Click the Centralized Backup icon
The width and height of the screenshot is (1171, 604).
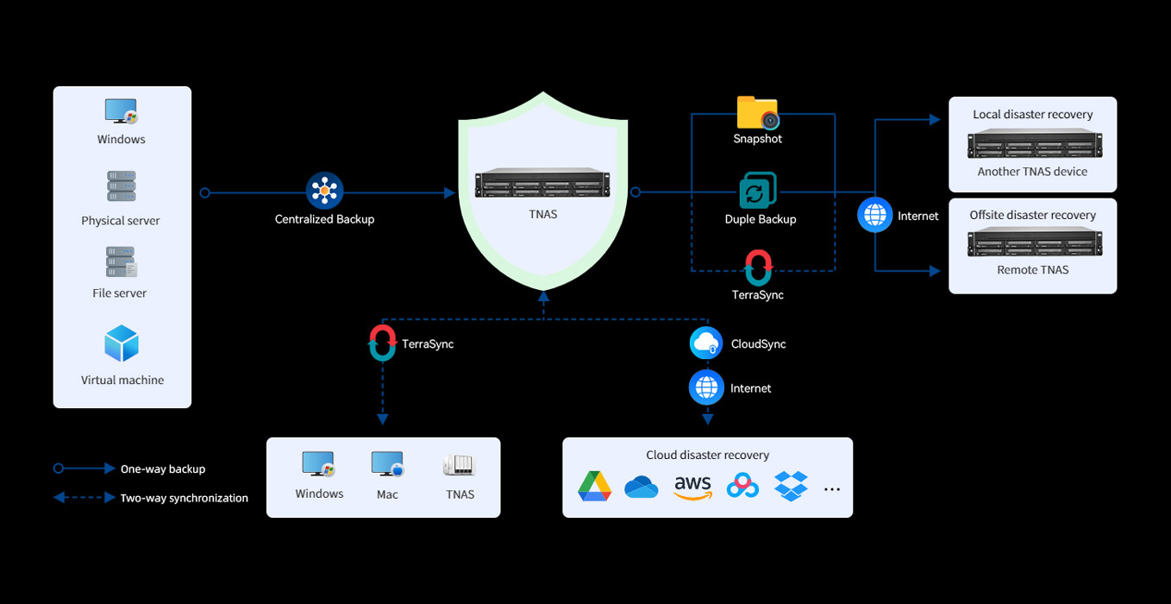click(324, 191)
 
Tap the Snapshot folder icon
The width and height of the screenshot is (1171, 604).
click(757, 112)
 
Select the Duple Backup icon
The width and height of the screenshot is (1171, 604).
click(757, 191)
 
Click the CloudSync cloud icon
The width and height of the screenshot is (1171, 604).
click(706, 343)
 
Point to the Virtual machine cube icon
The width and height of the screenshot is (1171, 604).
click(122, 343)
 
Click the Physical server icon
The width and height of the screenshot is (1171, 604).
click(122, 186)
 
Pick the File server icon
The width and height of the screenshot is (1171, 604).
click(121, 261)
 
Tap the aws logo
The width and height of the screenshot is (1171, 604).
click(692, 488)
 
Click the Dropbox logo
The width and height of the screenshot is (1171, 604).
click(791, 486)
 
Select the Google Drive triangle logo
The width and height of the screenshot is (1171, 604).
click(594, 487)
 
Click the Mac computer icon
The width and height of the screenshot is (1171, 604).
click(387, 464)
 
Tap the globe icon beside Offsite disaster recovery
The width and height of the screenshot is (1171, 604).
click(874, 215)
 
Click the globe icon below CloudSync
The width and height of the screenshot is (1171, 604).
click(706, 387)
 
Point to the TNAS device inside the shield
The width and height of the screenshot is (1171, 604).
click(542, 183)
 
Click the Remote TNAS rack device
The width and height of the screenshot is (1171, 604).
click(1035, 242)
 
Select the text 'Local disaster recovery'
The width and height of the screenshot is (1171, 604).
click(1032, 114)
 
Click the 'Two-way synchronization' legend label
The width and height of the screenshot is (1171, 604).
click(184, 498)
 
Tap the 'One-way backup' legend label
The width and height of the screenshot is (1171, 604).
click(163, 469)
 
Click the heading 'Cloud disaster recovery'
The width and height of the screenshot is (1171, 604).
click(707, 455)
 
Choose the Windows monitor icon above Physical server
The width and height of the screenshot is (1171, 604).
click(122, 111)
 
